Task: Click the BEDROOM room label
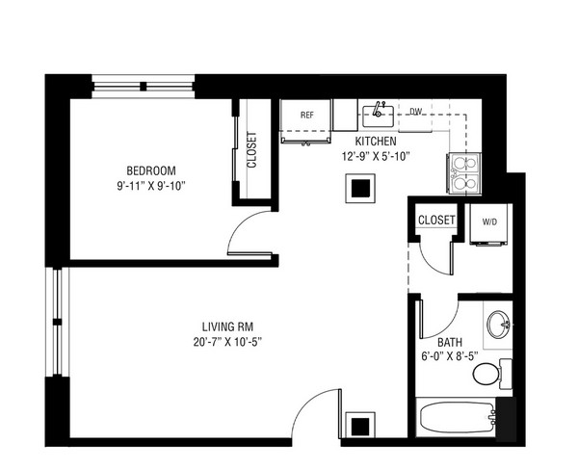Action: tap(151, 170)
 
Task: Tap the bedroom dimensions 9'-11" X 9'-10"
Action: tap(151, 186)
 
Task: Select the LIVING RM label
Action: tap(227, 326)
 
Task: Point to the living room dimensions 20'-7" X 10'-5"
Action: tap(227, 342)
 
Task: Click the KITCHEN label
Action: tap(376, 142)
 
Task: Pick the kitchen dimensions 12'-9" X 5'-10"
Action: tap(376, 157)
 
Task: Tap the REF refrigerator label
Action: tap(306, 115)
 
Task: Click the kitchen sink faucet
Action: tap(378, 109)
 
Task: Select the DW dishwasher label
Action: tap(416, 112)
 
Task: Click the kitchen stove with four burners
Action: tap(464, 173)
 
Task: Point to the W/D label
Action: tap(489, 221)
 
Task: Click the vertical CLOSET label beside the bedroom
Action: tap(251, 150)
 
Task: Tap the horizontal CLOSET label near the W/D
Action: tap(436, 220)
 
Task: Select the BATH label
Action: tap(450, 342)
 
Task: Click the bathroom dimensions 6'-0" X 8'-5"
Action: tap(450, 356)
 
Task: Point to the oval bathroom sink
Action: tap(498, 325)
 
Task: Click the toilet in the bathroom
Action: tap(491, 374)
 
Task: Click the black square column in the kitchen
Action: tap(360, 188)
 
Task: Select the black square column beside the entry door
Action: tap(360, 427)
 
